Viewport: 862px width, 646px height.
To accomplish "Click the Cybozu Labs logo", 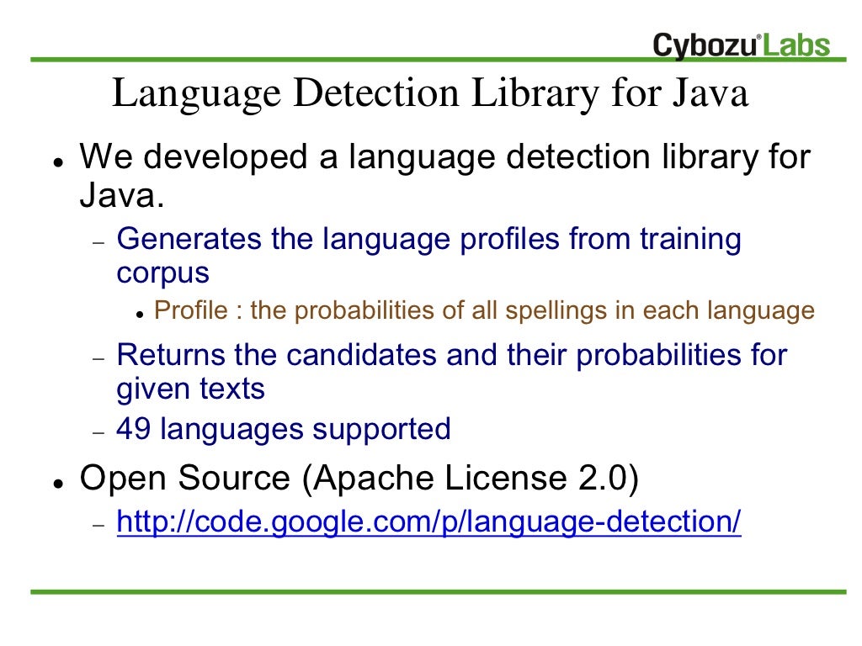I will click(x=741, y=45).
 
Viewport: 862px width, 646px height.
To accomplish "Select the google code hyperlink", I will click(x=428, y=522).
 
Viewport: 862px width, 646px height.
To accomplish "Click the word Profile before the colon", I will click(x=191, y=311).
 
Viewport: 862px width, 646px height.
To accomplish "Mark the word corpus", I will click(x=162, y=274).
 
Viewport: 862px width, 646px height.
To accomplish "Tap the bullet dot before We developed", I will click(x=55, y=160).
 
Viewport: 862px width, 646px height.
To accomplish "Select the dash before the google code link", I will click(x=98, y=525).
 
